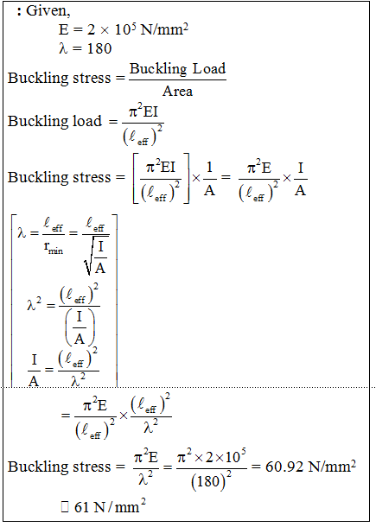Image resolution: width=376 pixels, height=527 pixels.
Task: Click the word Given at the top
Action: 47,10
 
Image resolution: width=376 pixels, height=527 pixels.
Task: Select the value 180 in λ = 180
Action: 99,48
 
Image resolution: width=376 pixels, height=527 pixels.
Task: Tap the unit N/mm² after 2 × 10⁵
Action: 164,29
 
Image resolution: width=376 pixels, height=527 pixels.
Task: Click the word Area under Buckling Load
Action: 177,91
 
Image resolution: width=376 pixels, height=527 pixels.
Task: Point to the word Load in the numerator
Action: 208,68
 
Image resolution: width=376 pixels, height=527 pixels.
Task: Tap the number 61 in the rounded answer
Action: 81,507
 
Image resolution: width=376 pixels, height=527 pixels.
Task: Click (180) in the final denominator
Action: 208,481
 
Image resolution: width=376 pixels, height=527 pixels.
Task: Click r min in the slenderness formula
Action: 53,248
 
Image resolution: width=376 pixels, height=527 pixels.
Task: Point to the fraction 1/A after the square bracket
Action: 209,179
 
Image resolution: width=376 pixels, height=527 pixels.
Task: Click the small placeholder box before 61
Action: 65,507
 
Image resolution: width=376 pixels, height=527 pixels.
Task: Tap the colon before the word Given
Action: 20,12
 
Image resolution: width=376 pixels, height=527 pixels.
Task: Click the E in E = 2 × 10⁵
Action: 63,29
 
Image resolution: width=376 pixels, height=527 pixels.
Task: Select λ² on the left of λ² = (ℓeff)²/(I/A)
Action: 34,305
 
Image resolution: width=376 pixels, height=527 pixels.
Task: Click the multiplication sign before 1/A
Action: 195,178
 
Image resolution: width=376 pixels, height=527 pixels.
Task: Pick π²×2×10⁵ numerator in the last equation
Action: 211,457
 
